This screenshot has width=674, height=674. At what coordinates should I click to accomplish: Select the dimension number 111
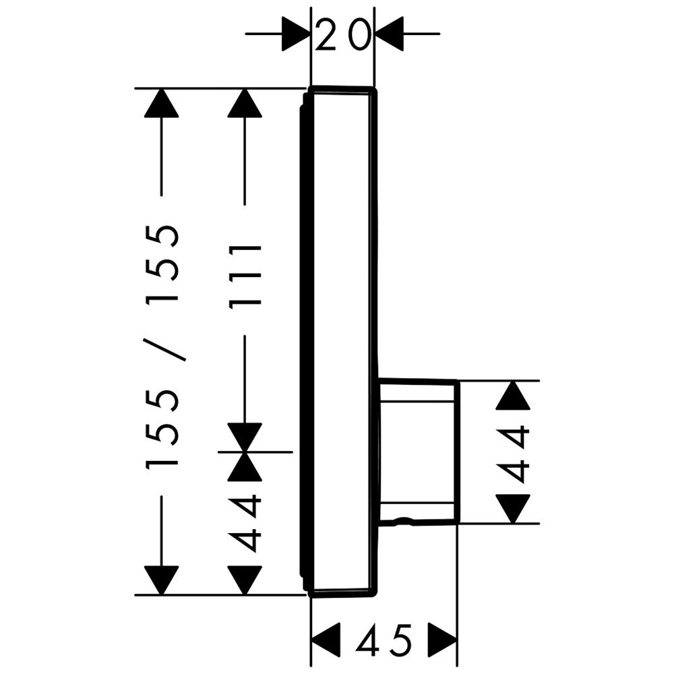[x=245, y=277]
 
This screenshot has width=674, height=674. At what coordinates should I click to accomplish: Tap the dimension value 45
[x=385, y=640]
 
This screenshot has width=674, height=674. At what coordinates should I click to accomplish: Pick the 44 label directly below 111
[x=245, y=523]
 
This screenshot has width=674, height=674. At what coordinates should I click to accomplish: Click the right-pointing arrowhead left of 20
[x=296, y=34]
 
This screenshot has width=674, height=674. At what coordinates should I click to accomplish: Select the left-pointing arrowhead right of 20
[x=389, y=34]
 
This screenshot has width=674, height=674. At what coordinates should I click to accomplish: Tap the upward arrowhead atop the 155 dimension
[x=161, y=102]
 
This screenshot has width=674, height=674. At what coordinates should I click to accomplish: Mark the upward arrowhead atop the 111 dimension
[x=245, y=102]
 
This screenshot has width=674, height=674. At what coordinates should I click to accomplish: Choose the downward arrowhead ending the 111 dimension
[x=245, y=437]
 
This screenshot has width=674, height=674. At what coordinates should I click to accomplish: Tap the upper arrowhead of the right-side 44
[x=512, y=395]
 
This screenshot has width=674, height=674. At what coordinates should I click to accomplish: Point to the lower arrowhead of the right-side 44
[x=512, y=509]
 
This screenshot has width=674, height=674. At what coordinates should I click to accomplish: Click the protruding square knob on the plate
[x=419, y=452]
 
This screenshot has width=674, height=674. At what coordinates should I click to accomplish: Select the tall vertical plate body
[x=340, y=342]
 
